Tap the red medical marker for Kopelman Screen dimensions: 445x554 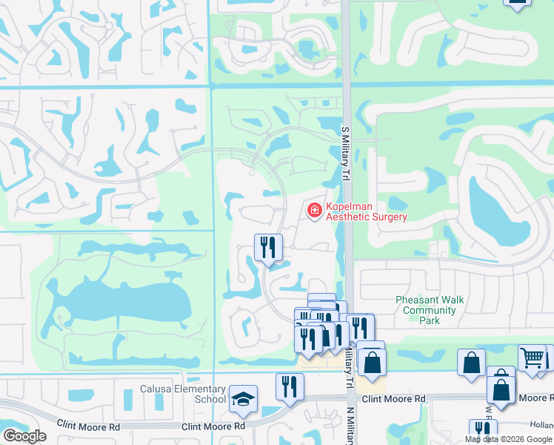pyautogui.click(x=315, y=212)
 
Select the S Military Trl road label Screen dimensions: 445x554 pyautogui.click(x=345, y=154)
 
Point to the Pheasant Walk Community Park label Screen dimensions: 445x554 pyautogui.click(x=430, y=310)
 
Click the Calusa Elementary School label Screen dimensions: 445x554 pyautogui.click(x=182, y=394)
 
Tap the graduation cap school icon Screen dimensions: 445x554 pyautogui.click(x=243, y=399)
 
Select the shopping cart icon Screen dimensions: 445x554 pyautogui.click(x=532, y=358)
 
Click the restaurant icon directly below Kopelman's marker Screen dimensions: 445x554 pyautogui.click(x=268, y=247)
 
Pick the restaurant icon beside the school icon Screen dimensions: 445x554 pyautogui.click(x=290, y=387)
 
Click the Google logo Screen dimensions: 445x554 pyautogui.click(x=24, y=436)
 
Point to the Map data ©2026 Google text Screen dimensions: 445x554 pyautogui.click(x=509, y=439)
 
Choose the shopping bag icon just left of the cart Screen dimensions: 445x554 pyautogui.click(x=471, y=363)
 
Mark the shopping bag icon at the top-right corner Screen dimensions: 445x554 pyautogui.click(x=517, y=3)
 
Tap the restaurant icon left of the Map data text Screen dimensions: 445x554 pyautogui.click(x=482, y=431)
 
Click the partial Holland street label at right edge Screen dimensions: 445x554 pyautogui.click(x=544, y=425)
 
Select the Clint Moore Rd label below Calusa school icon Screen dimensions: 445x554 pyautogui.click(x=213, y=426)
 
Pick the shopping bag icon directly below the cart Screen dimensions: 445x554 pyautogui.click(x=501, y=389)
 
